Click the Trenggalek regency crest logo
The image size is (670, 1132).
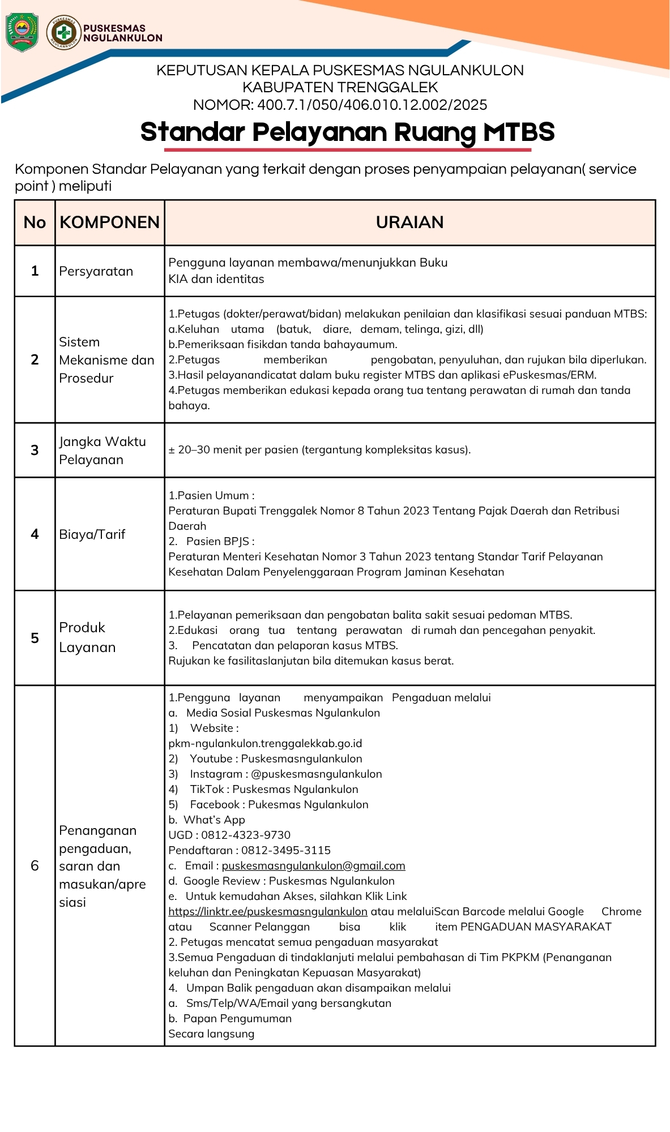tap(22, 33)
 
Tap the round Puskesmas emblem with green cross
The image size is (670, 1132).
tap(63, 33)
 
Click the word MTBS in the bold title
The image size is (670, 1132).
tap(519, 132)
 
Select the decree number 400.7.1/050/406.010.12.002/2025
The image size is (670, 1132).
tap(372, 105)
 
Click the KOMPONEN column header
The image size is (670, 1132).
tap(110, 222)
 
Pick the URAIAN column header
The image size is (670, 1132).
tap(409, 222)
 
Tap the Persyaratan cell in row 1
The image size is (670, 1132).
tap(96, 272)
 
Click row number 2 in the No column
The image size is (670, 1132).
tap(35, 360)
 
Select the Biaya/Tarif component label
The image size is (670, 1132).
tap(92, 534)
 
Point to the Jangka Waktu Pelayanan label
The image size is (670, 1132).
tap(103, 451)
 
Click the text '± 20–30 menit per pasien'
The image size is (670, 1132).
tap(238, 450)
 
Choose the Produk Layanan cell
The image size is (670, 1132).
tap(87, 637)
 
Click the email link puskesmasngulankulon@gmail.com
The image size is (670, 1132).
tap(313, 866)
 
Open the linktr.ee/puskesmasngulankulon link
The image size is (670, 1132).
tap(268, 912)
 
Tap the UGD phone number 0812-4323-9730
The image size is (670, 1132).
tap(246, 835)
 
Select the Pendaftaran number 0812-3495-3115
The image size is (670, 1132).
tap(286, 851)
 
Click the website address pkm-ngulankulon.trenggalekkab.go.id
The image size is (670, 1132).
tap(265, 744)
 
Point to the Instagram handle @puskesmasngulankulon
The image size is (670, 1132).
tap(316, 774)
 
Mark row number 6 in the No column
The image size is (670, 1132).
tap(35, 866)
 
